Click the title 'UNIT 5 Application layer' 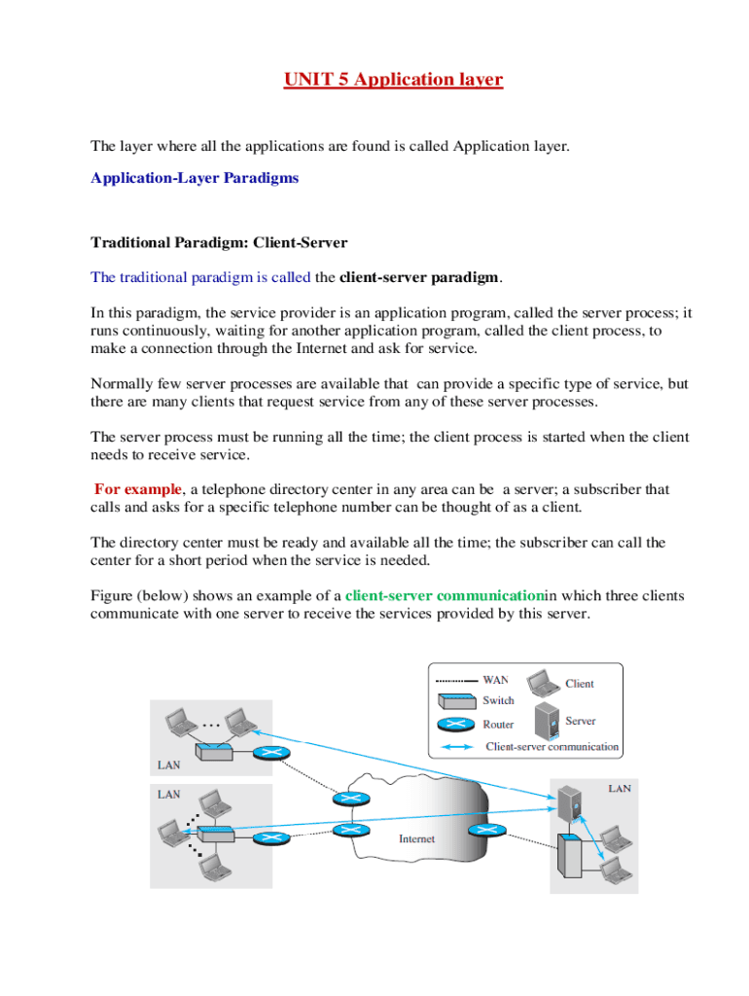tap(393, 79)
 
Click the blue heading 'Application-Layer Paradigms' tap(194, 178)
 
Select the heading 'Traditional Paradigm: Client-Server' tap(219, 241)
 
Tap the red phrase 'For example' tap(137, 488)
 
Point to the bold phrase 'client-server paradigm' tap(418, 277)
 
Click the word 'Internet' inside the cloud tap(417, 838)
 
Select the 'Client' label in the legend tap(580, 684)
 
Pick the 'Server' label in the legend tap(580, 721)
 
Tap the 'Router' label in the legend tap(498, 725)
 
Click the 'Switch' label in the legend tap(498, 700)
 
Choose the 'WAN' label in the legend tap(495, 680)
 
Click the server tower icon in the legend tap(546, 721)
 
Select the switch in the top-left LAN tap(212, 752)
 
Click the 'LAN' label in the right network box tap(620, 789)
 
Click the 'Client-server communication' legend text tap(552, 747)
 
